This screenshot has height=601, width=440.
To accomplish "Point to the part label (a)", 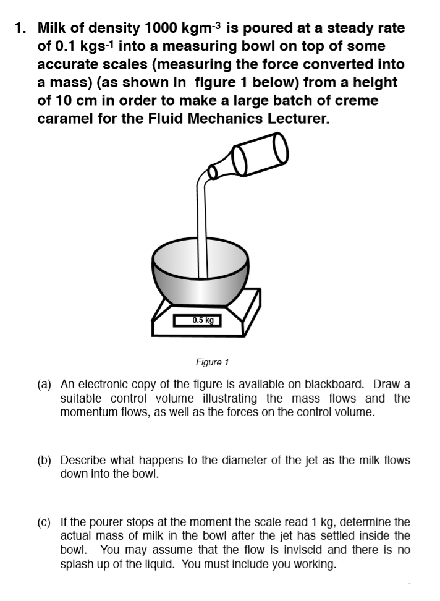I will (x=44, y=384).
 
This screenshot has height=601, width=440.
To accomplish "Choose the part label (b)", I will (x=44, y=461).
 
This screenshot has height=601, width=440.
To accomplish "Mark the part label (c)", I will (x=44, y=522).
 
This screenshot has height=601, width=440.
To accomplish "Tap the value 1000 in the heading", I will (x=161, y=28).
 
